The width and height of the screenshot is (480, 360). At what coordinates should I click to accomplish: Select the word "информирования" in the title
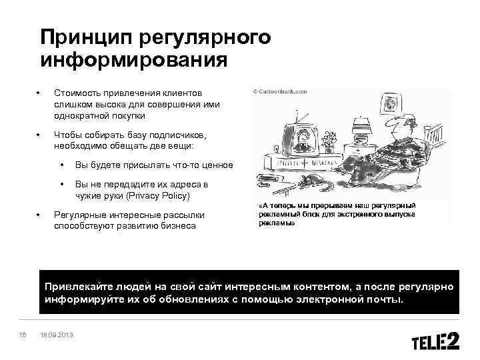133,61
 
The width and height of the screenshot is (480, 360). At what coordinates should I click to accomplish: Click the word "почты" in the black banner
386,299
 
